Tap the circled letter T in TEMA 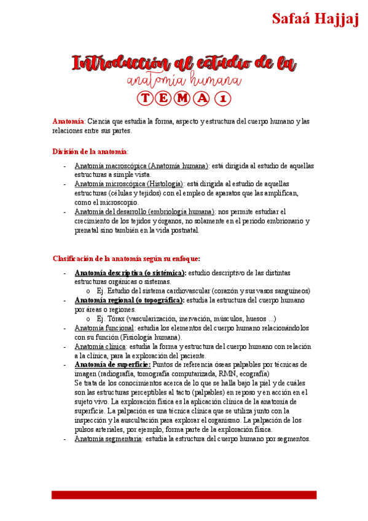144,98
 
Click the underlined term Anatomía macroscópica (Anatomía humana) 141,166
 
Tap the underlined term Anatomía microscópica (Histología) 129,184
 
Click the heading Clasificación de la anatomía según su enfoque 126,259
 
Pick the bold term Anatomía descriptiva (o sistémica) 130,273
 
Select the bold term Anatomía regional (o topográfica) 129,300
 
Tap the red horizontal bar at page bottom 184,495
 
